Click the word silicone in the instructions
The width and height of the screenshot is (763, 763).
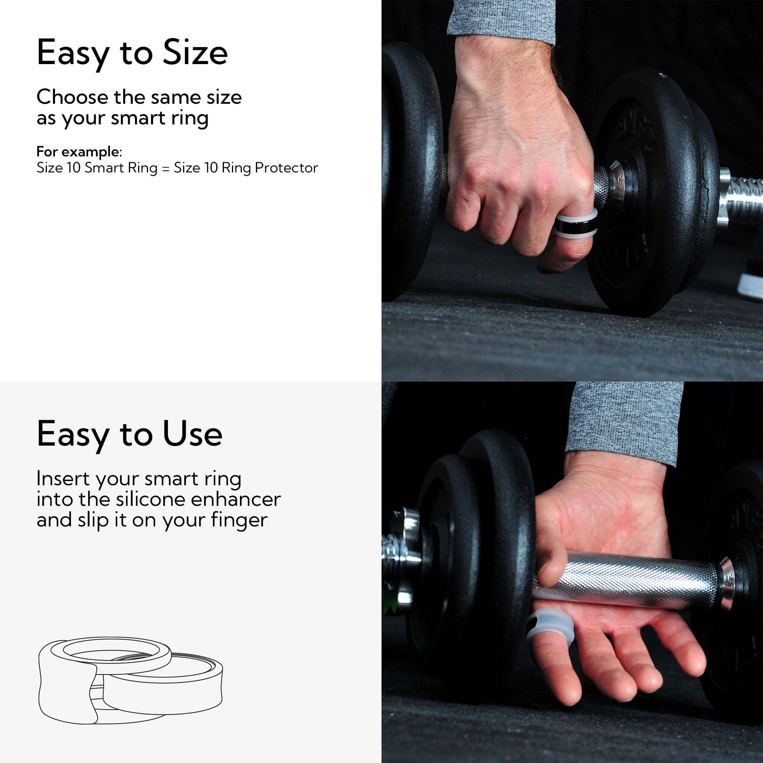pyautogui.click(x=150, y=500)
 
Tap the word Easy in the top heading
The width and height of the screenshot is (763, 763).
pyautogui.click(x=72, y=54)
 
